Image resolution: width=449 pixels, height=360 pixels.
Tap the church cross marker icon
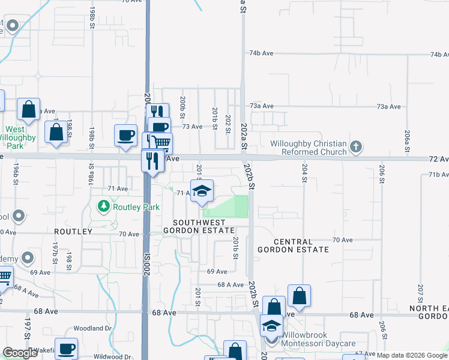point(356,146)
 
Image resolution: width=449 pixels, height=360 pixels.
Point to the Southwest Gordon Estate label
point(199,226)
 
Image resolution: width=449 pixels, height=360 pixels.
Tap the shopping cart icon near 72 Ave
point(160,143)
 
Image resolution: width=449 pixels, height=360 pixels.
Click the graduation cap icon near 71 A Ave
point(202,190)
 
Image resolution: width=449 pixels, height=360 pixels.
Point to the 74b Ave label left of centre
point(262,53)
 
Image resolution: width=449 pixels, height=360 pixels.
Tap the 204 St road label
point(304,174)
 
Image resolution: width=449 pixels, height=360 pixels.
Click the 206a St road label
point(407,140)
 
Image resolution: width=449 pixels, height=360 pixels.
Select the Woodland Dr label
point(93,329)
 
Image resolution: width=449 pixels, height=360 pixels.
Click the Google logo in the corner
point(20,353)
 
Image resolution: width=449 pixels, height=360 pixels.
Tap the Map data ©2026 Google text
point(412,355)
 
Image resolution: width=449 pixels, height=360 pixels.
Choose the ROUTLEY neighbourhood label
point(73,232)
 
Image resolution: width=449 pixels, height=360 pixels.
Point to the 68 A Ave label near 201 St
point(231,285)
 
